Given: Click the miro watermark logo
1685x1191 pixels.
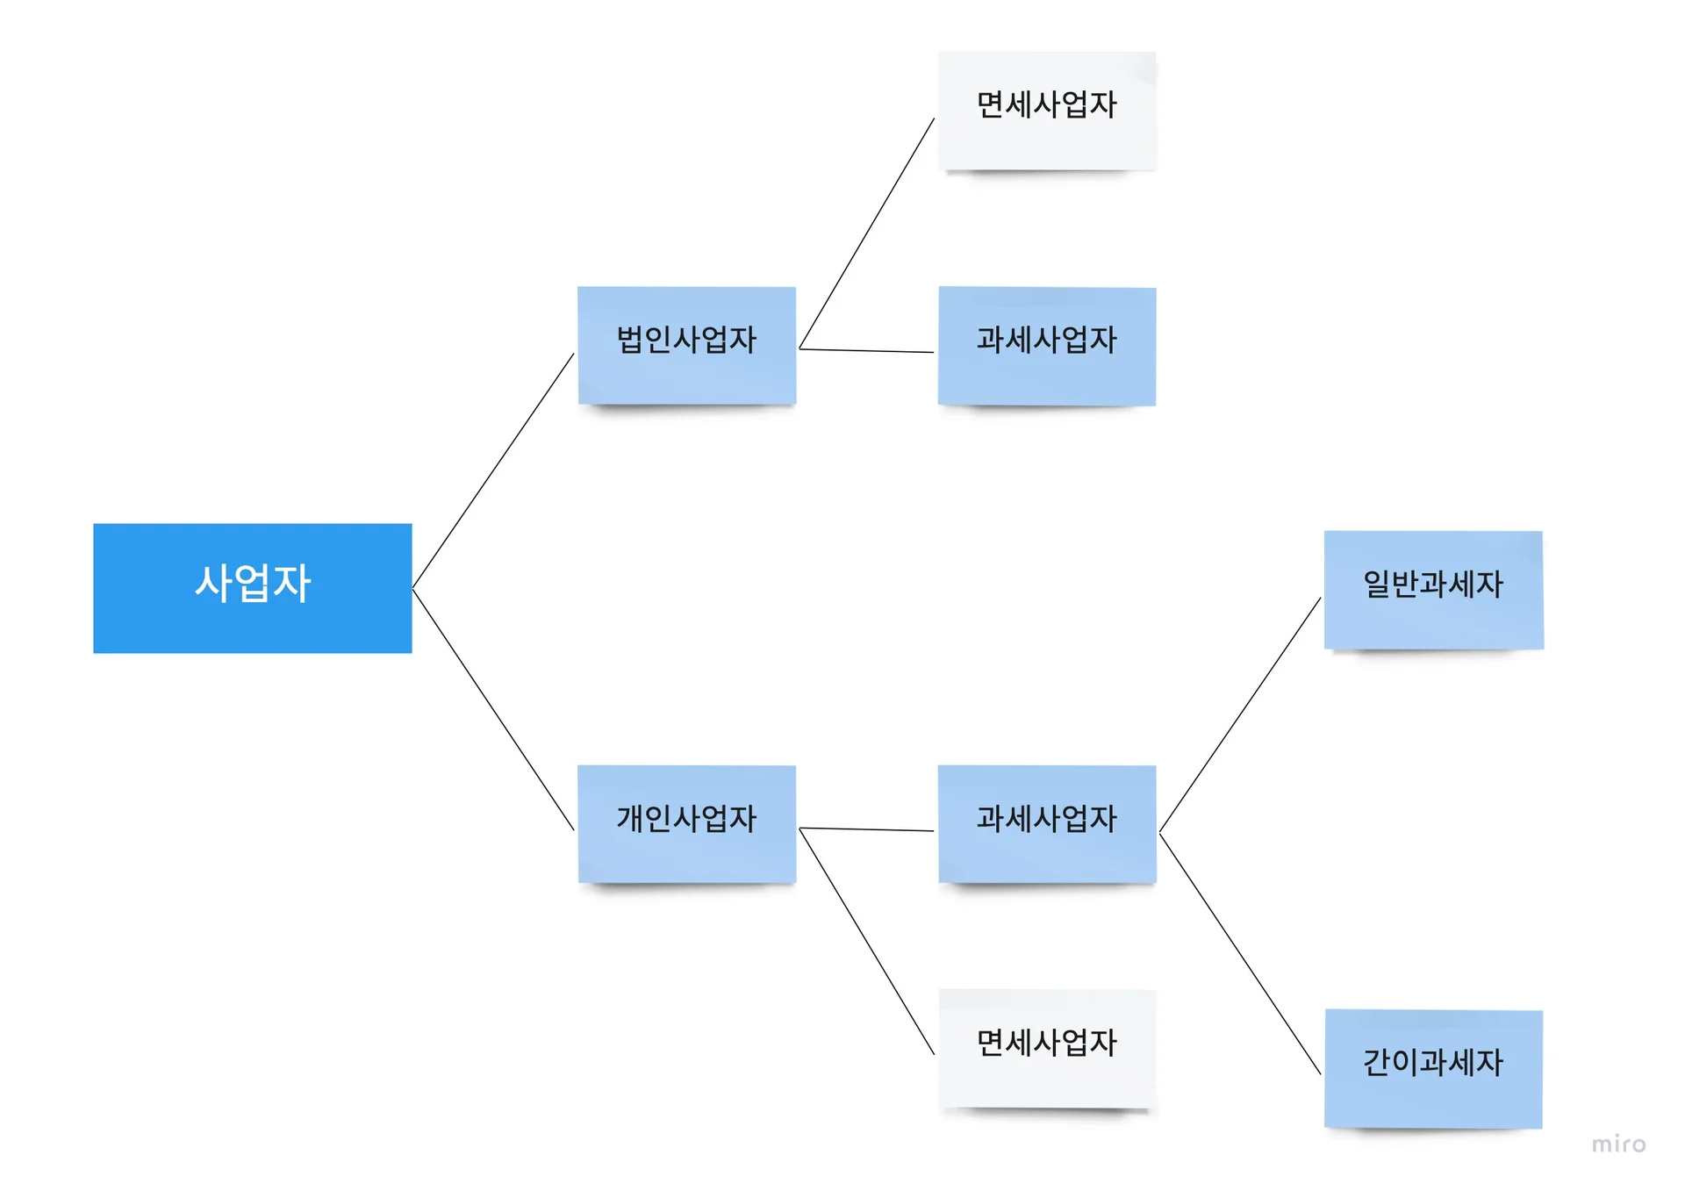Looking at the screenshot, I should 1618,1144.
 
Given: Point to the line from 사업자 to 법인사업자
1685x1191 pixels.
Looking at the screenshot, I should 493,470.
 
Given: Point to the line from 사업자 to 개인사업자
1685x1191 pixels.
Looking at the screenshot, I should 493,709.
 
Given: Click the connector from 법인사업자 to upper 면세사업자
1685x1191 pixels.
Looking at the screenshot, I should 867,233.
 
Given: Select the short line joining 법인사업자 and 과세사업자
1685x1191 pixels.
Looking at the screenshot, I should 867,351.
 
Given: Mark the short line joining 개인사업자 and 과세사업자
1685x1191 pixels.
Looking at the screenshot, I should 867,829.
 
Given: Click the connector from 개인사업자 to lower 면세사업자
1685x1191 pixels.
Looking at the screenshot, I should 867,941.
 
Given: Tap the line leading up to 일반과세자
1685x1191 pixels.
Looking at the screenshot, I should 1240,714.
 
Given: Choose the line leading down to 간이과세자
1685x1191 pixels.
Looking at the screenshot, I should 1240,954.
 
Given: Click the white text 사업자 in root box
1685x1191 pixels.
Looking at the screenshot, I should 253,584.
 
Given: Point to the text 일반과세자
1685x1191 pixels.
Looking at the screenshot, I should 1432,584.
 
